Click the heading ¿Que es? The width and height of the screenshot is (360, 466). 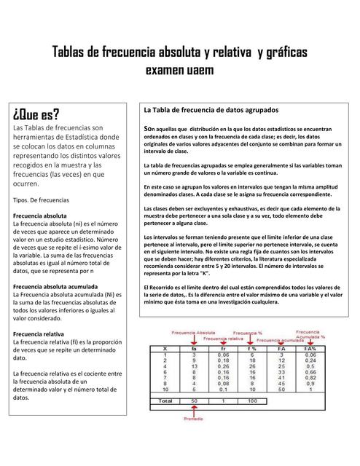36,115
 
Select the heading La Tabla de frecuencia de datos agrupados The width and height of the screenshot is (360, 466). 211,110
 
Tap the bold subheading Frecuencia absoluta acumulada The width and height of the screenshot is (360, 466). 55,286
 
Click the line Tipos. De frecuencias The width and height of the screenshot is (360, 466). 42,199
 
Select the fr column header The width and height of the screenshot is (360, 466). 224,349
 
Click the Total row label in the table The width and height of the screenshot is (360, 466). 165,400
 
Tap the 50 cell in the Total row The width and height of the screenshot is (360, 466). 193,400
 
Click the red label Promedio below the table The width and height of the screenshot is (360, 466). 193,419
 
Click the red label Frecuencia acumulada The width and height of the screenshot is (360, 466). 279,340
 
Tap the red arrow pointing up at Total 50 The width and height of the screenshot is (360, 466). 193,409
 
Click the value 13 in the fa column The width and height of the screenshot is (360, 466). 193,366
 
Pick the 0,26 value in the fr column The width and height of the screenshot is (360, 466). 224,366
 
